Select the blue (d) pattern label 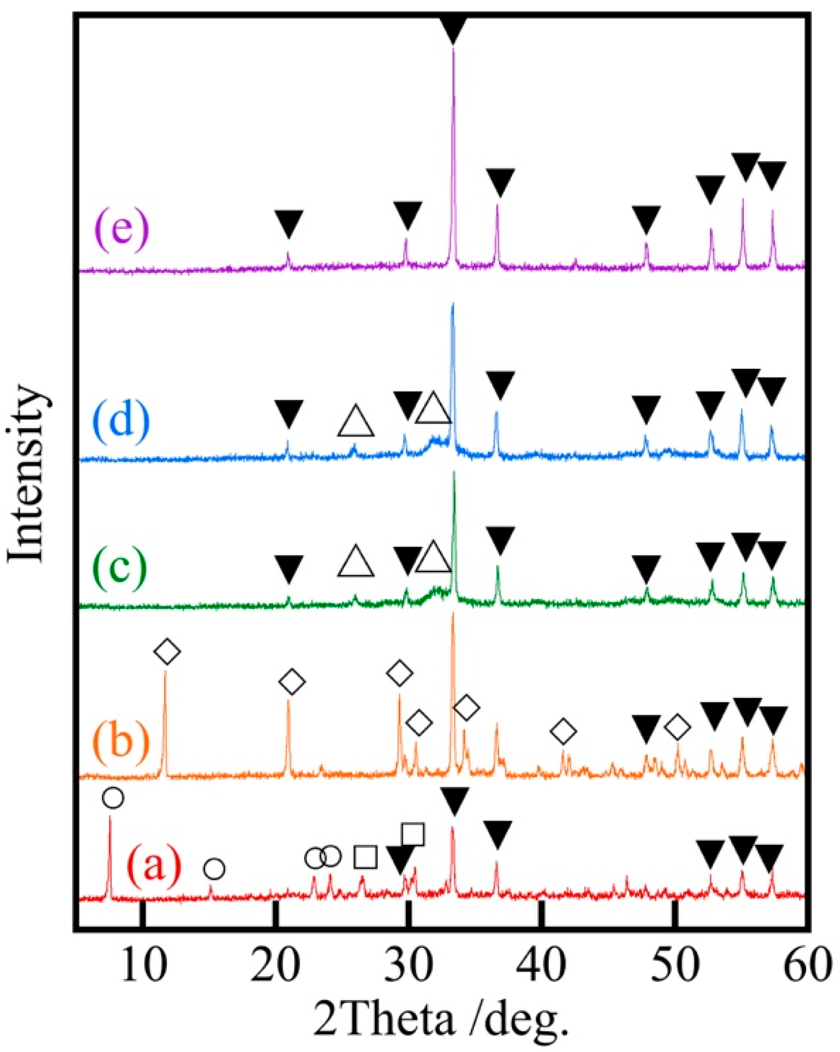[121, 420]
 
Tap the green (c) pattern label [120, 566]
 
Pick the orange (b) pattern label [121, 741]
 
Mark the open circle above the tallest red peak [113, 798]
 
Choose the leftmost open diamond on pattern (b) [168, 651]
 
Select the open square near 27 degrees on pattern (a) [366, 857]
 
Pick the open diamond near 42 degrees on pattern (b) [564, 731]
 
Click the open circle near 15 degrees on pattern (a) [214, 869]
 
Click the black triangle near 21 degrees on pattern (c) [288, 568]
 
